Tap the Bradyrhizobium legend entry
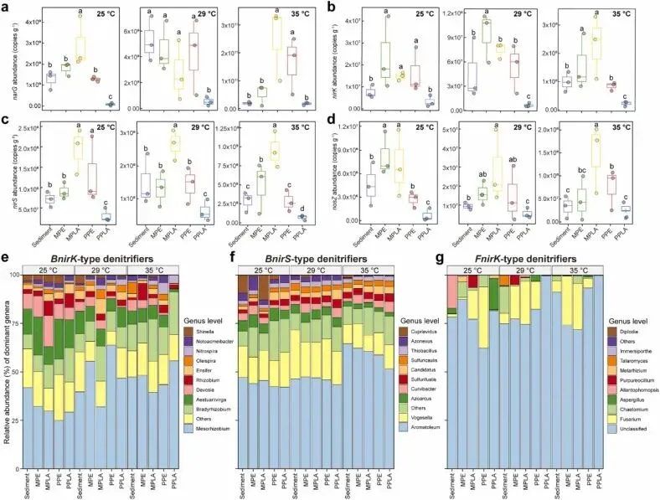click(221, 402)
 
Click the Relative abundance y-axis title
click(6, 369)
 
